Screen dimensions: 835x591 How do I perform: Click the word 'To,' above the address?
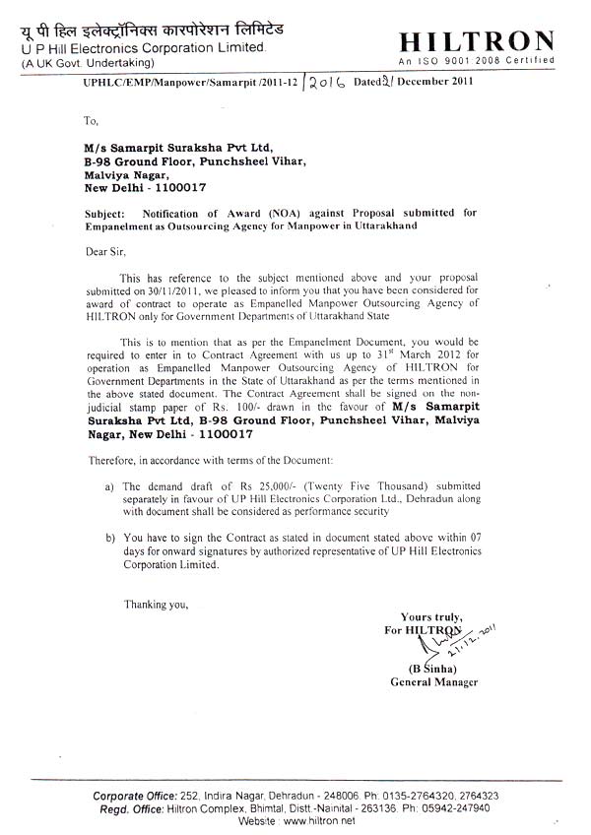point(92,121)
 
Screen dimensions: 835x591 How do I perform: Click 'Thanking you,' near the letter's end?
point(156,604)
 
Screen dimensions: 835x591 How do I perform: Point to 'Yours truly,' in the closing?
point(432,616)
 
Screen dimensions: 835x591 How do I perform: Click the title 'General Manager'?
point(433,682)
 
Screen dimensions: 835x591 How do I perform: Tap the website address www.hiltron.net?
point(317,820)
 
